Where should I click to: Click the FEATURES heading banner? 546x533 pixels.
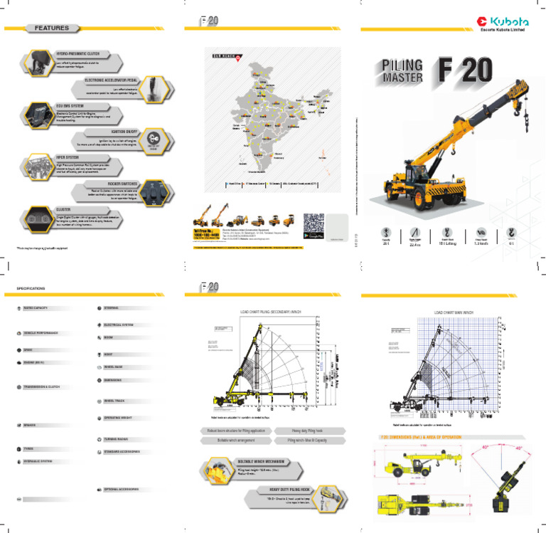pos(54,28)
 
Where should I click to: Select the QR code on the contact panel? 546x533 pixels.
pos(314,225)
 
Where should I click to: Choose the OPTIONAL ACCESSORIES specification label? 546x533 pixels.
pos(122,490)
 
